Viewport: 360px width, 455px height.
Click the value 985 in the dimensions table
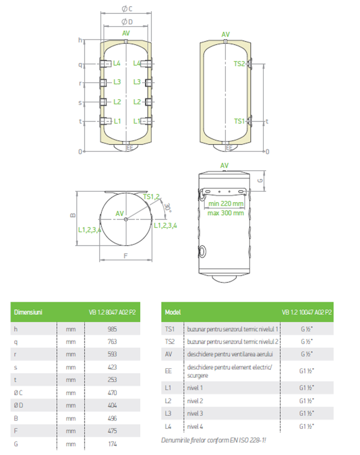pyautogui.click(x=112, y=329)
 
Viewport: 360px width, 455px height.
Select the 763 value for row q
pyautogui.click(x=112, y=341)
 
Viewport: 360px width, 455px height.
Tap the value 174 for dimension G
pyautogui.click(x=112, y=444)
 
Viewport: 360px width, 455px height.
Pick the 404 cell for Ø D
pyautogui.click(x=112, y=405)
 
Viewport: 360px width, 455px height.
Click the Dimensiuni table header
pyautogui.click(x=28, y=312)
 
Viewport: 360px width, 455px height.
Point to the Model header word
pyautogui.click(x=172, y=312)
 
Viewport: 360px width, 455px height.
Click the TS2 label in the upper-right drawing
pyautogui.click(x=239, y=64)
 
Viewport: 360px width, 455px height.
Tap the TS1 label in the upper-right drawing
pyautogui.click(x=239, y=121)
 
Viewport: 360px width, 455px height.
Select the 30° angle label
pyautogui.click(x=168, y=208)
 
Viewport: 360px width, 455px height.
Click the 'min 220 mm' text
pyautogui.click(x=226, y=203)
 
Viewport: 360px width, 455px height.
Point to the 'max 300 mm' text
pyautogui.click(x=225, y=213)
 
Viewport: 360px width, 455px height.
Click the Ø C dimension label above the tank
pyautogui.click(x=127, y=9)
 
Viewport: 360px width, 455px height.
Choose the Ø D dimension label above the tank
pyautogui.click(x=127, y=22)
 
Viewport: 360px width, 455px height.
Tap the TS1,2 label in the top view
pyautogui.click(x=151, y=197)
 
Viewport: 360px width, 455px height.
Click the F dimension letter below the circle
pyautogui.click(x=126, y=256)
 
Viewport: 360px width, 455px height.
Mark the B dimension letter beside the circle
pyautogui.click(x=73, y=215)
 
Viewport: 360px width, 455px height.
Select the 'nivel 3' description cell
pyautogui.click(x=195, y=413)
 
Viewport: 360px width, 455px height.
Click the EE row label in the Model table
pyautogui.click(x=169, y=371)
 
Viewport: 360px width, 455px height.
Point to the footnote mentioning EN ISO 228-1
pyautogui.click(x=213, y=440)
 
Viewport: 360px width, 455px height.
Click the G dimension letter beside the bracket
pyautogui.click(x=260, y=180)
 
